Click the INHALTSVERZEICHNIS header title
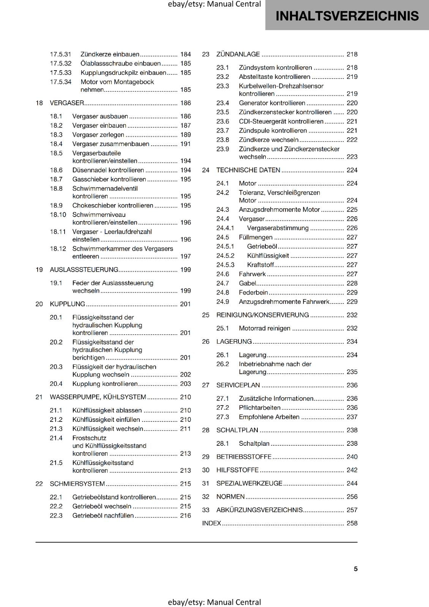coord(347,16)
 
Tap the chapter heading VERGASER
coord(67,103)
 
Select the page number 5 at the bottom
coord(356,569)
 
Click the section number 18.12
coord(58,248)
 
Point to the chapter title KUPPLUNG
coord(68,304)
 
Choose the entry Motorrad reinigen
coord(264,328)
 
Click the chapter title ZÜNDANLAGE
coord(238,54)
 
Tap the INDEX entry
coord(211,523)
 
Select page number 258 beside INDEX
coord(352,523)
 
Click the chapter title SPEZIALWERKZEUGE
coord(249,483)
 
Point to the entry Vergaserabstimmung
coord(278,228)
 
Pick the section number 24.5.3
coord(226,265)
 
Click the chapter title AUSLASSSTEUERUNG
coord(84,270)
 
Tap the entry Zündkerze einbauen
coord(110,54)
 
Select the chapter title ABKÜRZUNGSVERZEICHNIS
coord(260,510)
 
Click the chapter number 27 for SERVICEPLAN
coord(206,385)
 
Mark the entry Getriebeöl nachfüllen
coord(103,516)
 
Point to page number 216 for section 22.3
coord(185,516)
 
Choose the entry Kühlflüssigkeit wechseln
coord(107,429)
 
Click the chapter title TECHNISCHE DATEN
coord(248,170)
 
